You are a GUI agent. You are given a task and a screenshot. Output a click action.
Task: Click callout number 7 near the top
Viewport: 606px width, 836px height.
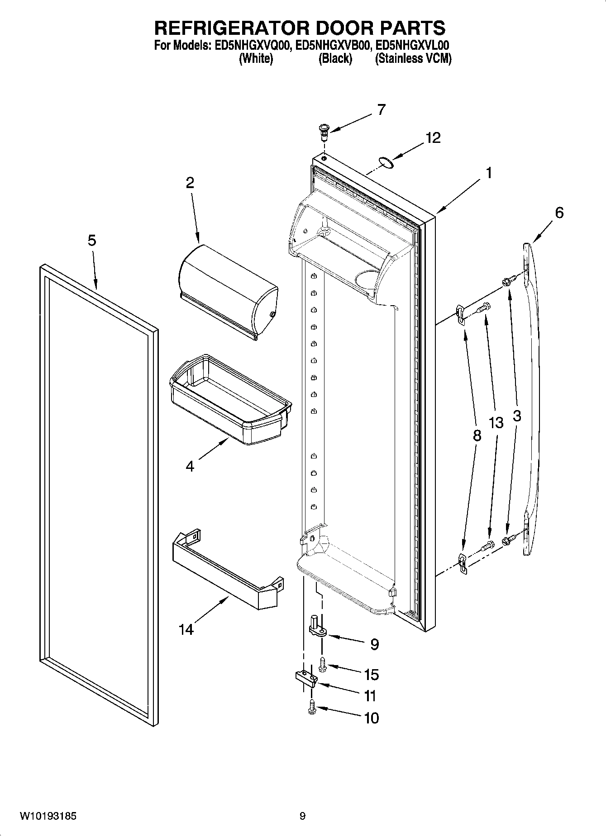[x=381, y=110]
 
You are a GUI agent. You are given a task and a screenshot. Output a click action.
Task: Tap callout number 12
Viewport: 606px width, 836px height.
[x=433, y=137]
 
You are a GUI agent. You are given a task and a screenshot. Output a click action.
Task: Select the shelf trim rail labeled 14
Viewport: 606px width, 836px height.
[x=226, y=570]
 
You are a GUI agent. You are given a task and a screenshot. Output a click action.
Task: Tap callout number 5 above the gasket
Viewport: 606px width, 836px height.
[x=92, y=241]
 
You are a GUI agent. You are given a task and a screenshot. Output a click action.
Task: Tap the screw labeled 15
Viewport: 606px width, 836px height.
[x=323, y=664]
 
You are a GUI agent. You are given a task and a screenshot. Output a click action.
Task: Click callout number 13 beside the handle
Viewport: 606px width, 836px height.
[x=496, y=423]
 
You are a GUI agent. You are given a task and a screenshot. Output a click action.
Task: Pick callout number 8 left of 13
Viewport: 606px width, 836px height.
[x=477, y=435]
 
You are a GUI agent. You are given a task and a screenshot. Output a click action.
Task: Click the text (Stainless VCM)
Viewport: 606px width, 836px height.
[x=413, y=59]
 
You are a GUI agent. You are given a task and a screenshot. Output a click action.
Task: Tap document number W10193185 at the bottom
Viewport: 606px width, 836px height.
[x=48, y=816]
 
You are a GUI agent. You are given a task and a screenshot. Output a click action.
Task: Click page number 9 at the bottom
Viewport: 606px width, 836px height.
[x=302, y=816]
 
